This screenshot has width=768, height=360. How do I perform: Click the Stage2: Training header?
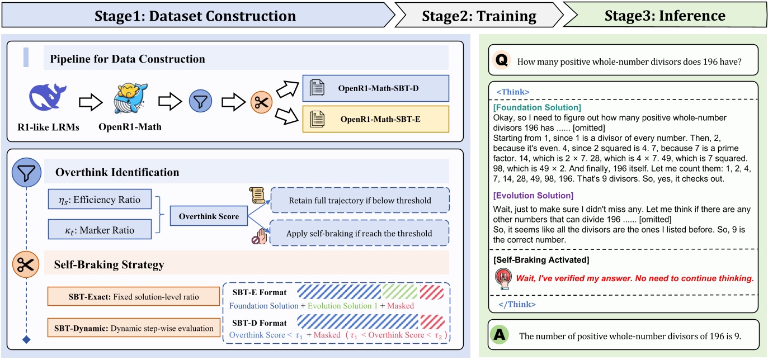tap(480, 15)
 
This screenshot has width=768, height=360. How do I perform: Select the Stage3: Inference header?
tap(665, 15)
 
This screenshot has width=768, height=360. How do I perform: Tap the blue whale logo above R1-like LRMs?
tap(47, 97)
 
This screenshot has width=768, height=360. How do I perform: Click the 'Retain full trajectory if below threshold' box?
tap(360, 200)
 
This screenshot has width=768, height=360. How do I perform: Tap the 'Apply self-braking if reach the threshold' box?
tap(360, 233)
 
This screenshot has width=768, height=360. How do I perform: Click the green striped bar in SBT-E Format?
tap(400, 292)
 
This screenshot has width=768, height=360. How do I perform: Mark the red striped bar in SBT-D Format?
tap(432, 322)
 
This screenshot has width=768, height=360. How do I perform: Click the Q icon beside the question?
tap(502, 61)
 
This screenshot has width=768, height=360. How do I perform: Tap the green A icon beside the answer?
tap(500, 335)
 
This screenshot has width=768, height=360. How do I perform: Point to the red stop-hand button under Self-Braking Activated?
tap(502, 277)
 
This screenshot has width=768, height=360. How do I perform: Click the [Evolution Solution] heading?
tap(533, 196)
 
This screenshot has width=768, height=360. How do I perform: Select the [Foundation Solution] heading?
tap(536, 107)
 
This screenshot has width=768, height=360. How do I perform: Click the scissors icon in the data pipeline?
tap(260, 102)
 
